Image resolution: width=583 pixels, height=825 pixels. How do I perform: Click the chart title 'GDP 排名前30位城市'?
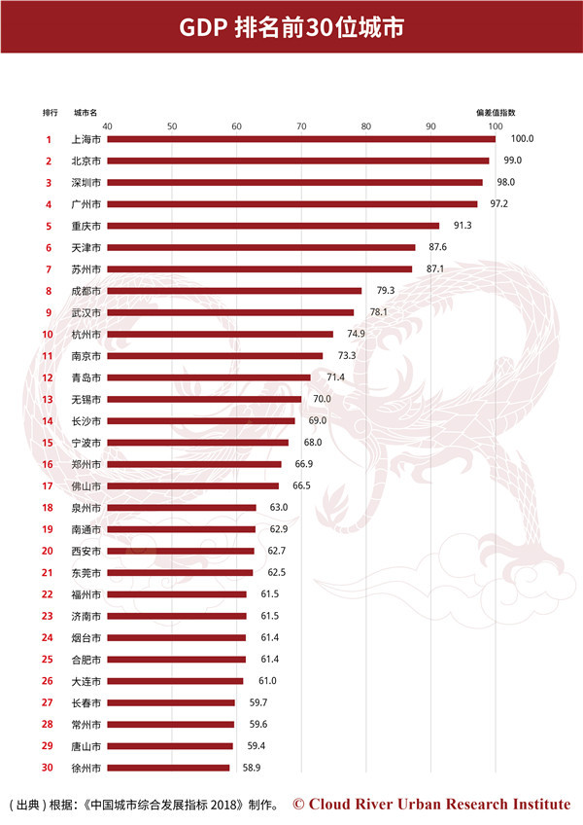291,28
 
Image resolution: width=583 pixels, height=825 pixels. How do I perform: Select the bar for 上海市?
300,139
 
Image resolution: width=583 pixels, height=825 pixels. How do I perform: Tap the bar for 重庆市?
272,226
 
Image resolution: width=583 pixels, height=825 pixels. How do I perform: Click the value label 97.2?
495,204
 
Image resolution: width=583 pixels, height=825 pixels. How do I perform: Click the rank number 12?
48,377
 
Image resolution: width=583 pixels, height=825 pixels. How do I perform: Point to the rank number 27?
48,702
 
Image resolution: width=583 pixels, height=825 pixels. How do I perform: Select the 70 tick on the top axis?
301,126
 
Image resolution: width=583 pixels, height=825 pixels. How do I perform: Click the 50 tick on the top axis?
172,126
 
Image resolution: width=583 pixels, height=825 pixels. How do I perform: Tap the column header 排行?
51,112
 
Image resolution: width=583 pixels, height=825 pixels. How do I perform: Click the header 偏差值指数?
495,112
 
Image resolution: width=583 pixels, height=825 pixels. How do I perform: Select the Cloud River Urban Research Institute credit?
431,804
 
